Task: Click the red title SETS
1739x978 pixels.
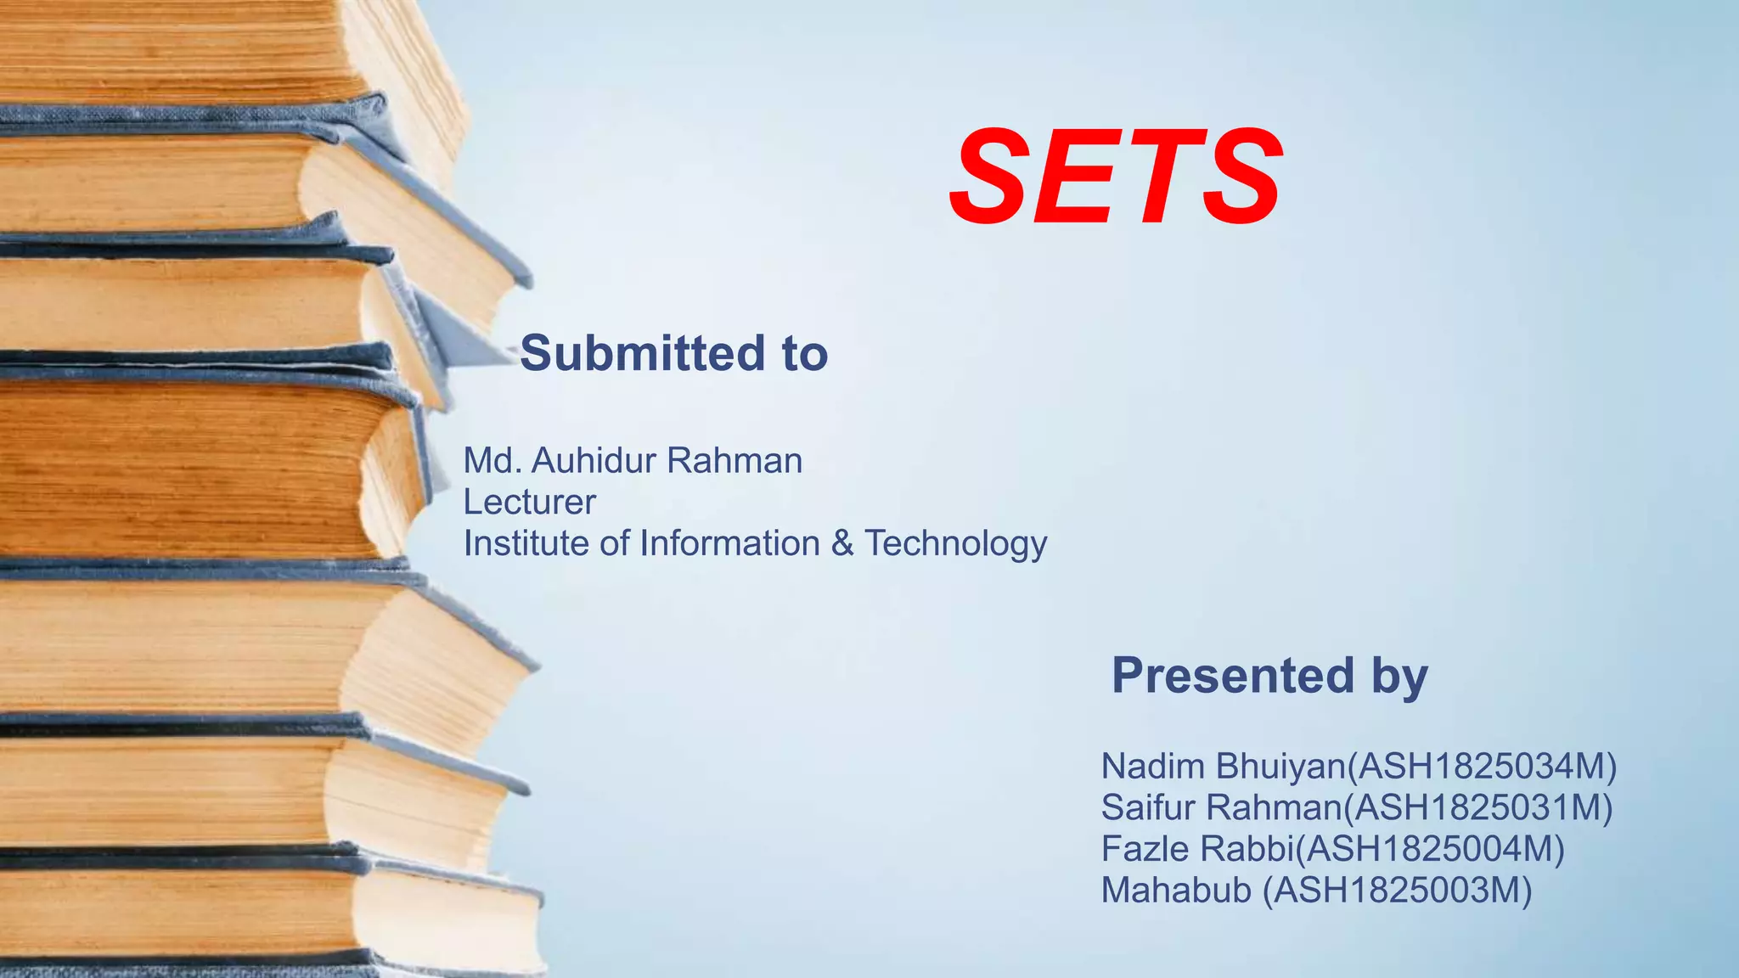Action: click(1115, 177)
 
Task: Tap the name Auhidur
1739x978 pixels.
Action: click(594, 461)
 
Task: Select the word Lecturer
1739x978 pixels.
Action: click(529, 503)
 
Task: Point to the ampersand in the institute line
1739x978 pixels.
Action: click(841, 543)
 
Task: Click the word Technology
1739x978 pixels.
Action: click(955, 544)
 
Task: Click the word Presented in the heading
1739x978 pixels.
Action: click(1232, 676)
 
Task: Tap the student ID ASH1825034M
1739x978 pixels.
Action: click(1482, 767)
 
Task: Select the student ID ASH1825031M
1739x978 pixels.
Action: click(1478, 807)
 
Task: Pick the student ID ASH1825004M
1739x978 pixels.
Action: click(1431, 849)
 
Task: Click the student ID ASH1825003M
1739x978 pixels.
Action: click(1398, 891)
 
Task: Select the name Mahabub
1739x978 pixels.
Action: click(1176, 891)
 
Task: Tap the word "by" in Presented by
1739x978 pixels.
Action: click(1399, 677)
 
